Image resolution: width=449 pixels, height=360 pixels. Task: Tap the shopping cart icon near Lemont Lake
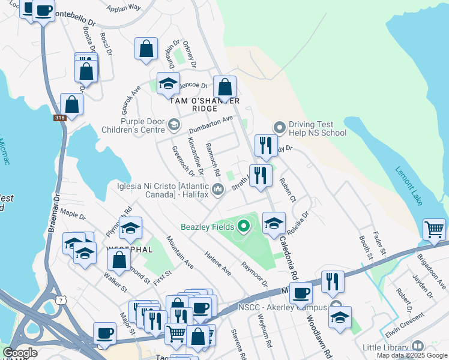coord(435,229)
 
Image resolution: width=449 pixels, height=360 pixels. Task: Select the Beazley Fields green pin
coord(243,227)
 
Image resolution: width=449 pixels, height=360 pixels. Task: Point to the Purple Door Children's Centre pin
coord(173,125)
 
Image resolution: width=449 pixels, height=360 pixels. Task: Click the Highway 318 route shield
coord(59,118)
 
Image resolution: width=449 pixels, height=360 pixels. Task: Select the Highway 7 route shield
coord(60,299)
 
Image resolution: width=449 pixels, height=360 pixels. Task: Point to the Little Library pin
coord(417,346)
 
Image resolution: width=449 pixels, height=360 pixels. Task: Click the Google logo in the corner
coord(20,352)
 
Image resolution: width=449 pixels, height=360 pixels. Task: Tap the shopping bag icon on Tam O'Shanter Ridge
coord(225,87)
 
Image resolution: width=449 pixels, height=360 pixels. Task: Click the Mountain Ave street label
coord(180,252)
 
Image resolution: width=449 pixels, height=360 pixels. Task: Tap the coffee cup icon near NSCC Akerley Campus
coord(301,293)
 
